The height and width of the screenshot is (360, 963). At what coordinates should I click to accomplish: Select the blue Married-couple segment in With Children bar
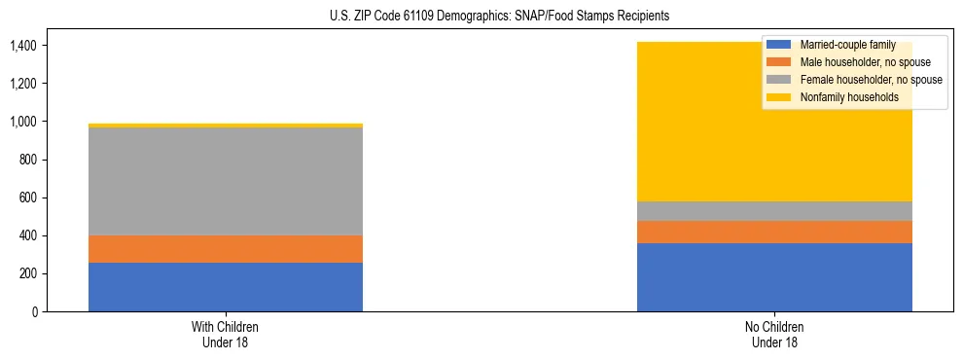tap(226, 287)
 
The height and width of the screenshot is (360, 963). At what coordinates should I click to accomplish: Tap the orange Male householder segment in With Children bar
tap(226, 249)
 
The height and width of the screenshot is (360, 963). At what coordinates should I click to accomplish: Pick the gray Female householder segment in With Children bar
tap(226, 182)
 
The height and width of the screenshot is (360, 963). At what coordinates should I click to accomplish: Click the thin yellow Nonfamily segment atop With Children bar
tap(226, 126)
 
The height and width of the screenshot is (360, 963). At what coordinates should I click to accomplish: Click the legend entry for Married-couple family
tap(841, 45)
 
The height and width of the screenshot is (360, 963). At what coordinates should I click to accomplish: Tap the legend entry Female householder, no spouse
tap(870, 80)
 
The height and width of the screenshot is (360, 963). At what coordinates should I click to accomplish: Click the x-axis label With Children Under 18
tap(226, 335)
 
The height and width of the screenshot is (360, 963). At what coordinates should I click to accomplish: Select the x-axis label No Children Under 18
tap(774, 335)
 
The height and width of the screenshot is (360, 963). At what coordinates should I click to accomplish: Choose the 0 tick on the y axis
tap(34, 311)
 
